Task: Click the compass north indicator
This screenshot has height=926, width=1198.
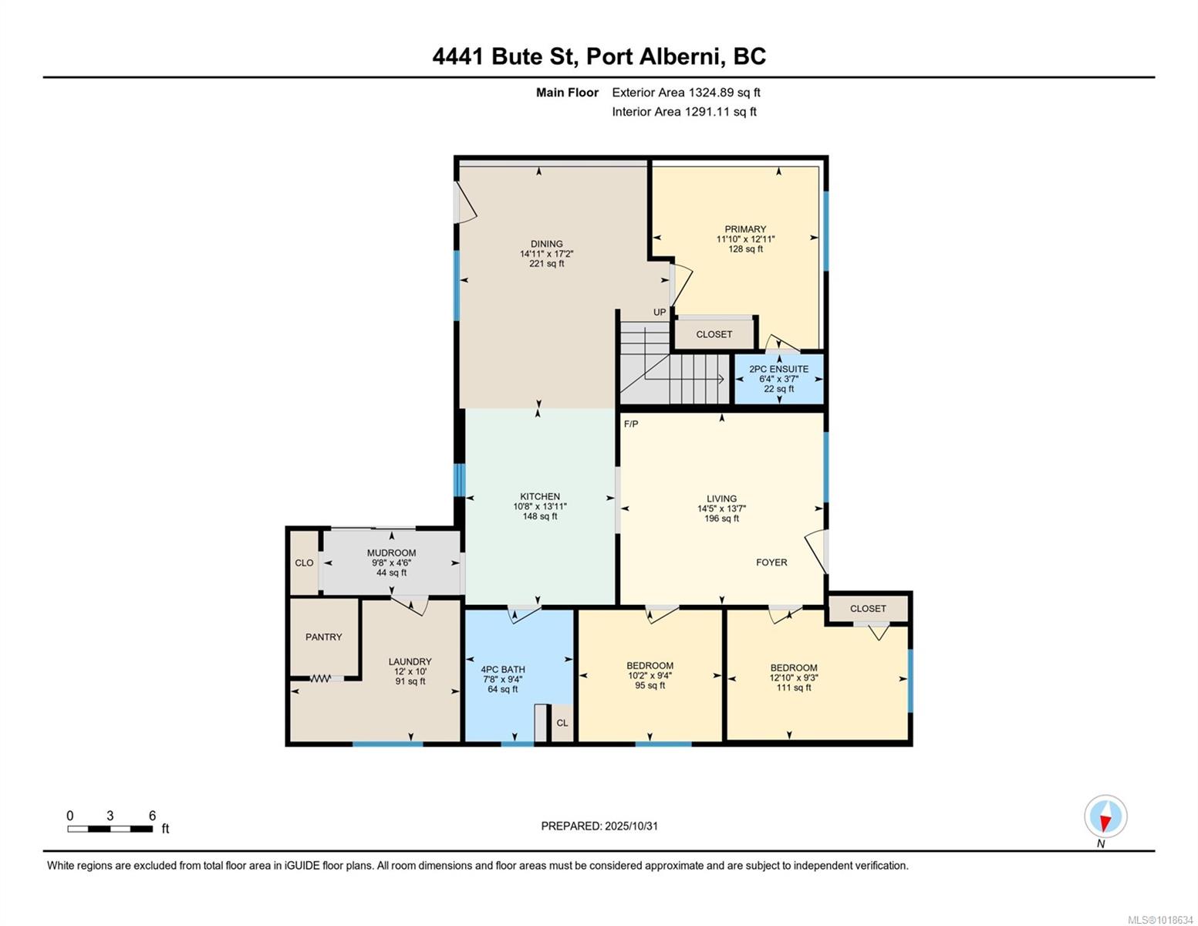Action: point(1105,816)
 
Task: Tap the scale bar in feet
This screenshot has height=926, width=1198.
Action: point(110,828)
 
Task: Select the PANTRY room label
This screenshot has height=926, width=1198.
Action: point(324,637)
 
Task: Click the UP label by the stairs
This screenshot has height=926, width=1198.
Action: point(660,313)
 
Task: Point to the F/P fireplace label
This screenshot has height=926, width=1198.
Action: point(631,424)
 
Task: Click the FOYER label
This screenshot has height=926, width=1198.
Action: point(771,563)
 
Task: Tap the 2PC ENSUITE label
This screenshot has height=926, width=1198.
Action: point(778,369)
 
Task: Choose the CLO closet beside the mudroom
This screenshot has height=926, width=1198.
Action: point(304,563)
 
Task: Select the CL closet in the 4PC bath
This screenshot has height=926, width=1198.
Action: point(562,723)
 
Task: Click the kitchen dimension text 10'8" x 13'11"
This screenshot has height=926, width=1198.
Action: point(540,506)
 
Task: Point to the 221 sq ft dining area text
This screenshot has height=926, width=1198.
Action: point(546,264)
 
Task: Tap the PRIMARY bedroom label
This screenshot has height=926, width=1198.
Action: point(745,229)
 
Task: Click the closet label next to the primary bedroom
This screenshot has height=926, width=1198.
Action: point(714,334)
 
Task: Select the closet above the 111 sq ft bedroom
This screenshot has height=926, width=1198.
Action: point(868,608)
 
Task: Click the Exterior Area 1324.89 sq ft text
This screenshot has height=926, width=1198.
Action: point(686,93)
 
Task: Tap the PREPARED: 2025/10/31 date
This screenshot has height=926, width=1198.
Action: point(599,826)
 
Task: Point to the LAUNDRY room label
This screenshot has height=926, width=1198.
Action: point(410,662)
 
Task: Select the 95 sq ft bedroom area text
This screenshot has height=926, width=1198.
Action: point(650,685)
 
